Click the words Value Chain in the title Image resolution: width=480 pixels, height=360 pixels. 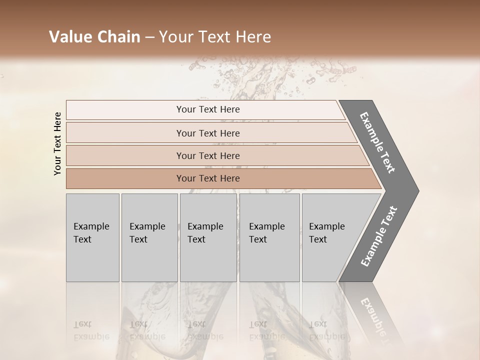94,37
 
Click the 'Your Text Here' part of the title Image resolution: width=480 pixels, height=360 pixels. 215,37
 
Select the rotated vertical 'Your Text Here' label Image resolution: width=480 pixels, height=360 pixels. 57,143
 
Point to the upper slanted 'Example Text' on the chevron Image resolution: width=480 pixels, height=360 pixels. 377,142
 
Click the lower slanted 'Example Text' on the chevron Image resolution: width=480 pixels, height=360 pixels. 379,236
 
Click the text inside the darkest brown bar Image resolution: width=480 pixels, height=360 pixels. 208,178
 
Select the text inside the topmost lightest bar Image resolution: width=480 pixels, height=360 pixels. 208,109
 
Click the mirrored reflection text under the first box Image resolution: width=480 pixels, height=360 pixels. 91,330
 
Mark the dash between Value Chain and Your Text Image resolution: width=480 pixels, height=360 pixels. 149,37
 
